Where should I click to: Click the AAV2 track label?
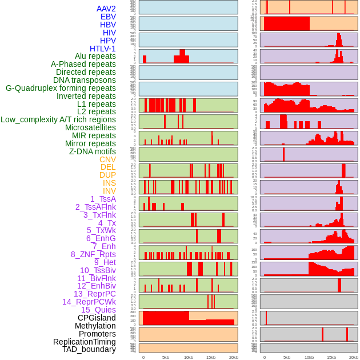106,9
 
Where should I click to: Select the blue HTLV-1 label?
102,49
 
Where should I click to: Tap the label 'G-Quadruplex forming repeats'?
61,88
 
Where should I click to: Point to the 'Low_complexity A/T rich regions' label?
58,119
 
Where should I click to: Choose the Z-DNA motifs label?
92,151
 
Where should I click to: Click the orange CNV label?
107,159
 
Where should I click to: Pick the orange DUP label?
107,175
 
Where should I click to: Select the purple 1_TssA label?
103,199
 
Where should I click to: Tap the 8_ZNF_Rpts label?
93,254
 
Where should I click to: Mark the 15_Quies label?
98,310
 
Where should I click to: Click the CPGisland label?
97,318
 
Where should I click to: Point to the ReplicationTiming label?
85,342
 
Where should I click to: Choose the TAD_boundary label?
89,349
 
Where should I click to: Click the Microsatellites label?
90,127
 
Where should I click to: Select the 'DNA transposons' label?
85,80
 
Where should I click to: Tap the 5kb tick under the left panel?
166,357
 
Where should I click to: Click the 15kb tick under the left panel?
210,357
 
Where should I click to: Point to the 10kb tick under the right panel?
309,357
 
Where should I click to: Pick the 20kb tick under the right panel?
354,357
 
